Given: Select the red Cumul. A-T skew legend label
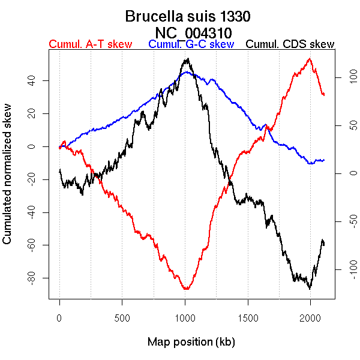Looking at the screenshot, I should click(x=90, y=44).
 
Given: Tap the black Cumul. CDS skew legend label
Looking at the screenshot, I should click(x=290, y=44).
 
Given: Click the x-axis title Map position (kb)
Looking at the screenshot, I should click(x=191, y=342).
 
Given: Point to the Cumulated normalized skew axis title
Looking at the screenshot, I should click(x=8, y=181).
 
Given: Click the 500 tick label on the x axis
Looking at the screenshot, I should click(x=122, y=317).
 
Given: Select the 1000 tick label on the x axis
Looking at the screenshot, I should click(x=185, y=317).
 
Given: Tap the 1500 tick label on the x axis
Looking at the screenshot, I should click(x=248, y=317).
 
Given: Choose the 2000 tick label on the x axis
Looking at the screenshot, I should click(x=310, y=317).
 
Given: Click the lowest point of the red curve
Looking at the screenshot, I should click(x=187, y=289).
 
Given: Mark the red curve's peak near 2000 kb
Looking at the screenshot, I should click(x=309, y=59).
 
